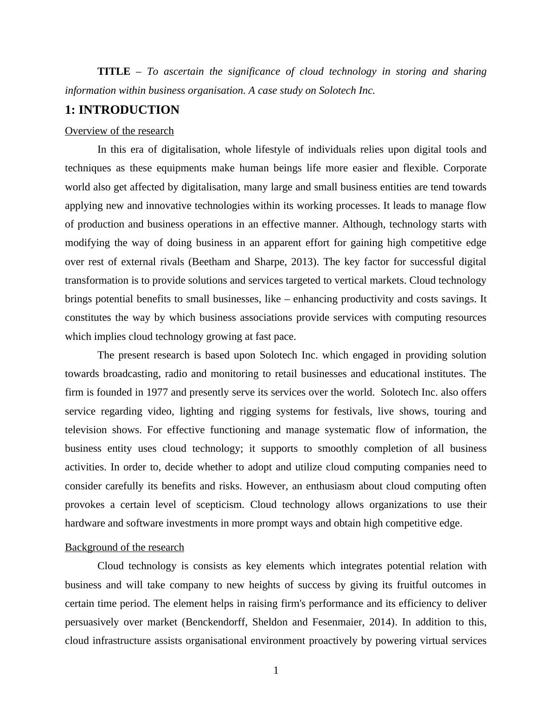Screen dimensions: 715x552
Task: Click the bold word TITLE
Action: pyautogui.click(x=114, y=71)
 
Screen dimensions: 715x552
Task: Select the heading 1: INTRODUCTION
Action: pyautogui.click(x=122, y=110)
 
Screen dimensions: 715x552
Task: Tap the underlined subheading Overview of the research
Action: pyautogui.click(x=119, y=131)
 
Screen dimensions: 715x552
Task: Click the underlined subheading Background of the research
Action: pyautogui.click(x=124, y=547)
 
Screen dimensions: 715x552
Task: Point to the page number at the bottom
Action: pyautogui.click(x=276, y=670)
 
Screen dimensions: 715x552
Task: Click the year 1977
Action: pyautogui.click(x=157, y=392)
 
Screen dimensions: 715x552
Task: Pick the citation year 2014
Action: pyautogui.click(x=385, y=622)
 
